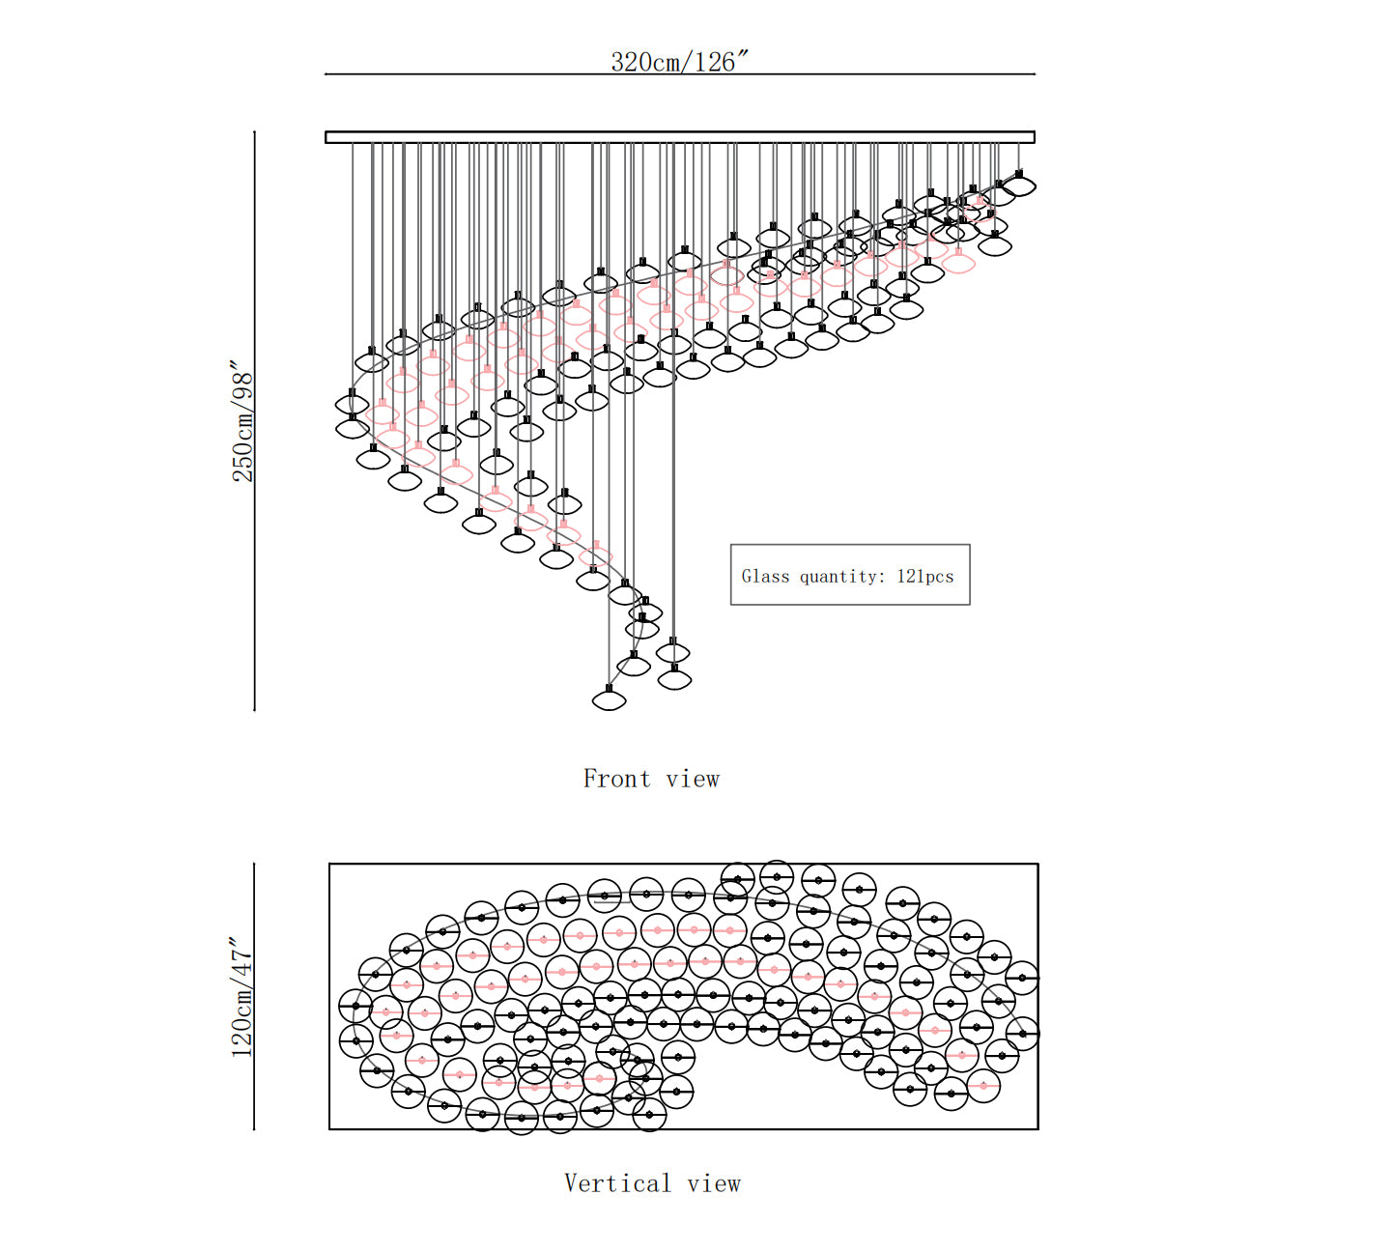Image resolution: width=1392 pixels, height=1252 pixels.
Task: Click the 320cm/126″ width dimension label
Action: pos(679,62)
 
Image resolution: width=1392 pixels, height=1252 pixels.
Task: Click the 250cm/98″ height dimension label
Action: pos(242,420)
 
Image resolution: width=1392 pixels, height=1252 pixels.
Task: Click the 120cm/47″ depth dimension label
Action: pos(241,997)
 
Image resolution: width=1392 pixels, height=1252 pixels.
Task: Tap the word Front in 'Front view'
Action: pos(617,779)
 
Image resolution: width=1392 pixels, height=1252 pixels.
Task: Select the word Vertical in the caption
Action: pos(617,1183)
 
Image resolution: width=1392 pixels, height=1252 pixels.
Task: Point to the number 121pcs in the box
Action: pos(925,576)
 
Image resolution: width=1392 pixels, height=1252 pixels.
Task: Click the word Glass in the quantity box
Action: pos(765,576)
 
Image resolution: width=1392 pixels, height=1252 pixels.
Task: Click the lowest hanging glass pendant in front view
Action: pos(610,699)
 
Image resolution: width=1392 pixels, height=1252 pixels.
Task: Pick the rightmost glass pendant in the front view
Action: pos(1019,185)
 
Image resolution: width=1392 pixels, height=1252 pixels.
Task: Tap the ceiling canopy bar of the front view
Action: pos(680,137)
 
